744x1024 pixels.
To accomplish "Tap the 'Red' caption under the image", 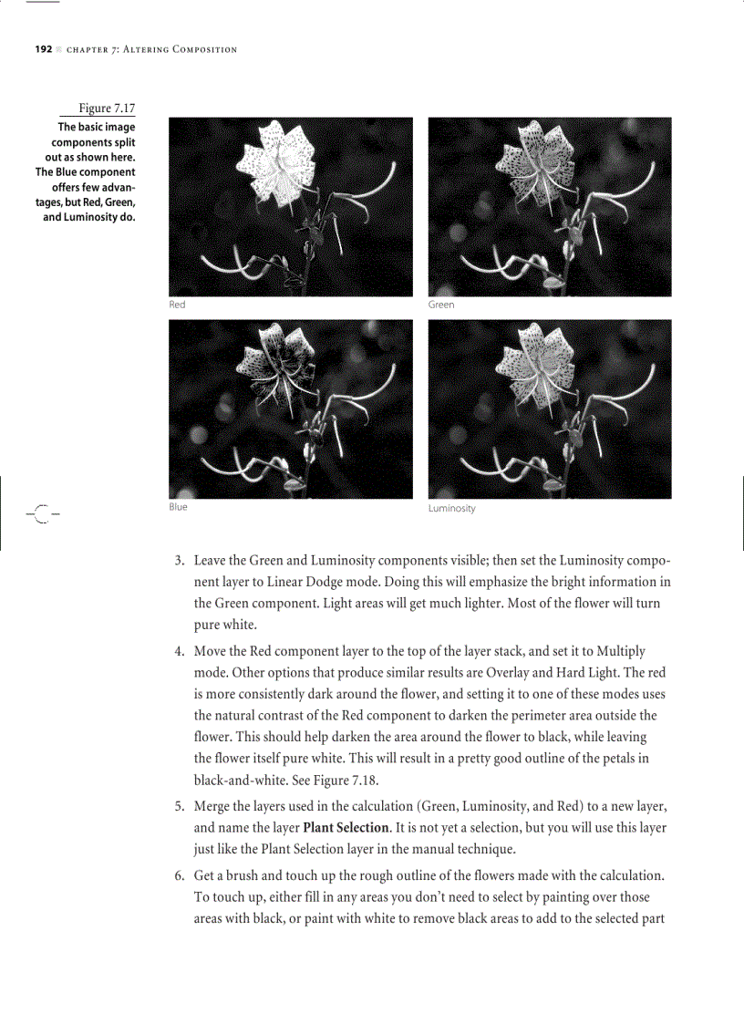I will point(177,305).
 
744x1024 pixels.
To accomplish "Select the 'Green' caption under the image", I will point(441,305).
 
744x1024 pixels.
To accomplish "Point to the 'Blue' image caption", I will point(178,507).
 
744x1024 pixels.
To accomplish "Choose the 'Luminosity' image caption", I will point(451,508).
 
